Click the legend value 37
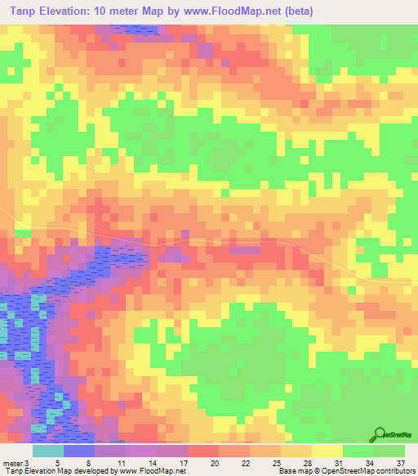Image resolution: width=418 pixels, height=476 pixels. (402, 462)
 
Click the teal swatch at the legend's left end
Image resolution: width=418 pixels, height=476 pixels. (48, 451)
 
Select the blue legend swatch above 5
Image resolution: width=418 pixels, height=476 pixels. (79, 451)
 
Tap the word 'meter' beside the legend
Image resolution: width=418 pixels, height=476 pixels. (13, 462)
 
